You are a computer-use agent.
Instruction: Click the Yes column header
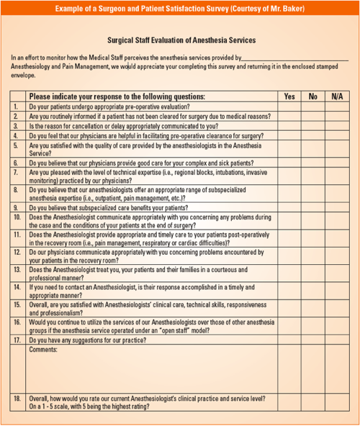click(x=289, y=96)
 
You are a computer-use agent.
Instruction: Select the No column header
click(x=312, y=96)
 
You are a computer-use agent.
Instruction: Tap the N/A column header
click(x=337, y=96)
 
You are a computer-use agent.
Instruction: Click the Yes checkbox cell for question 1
click(x=289, y=106)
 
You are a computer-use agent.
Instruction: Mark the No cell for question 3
click(x=312, y=125)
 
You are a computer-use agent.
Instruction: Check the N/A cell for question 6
click(x=337, y=163)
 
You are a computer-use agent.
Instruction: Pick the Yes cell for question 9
click(x=289, y=207)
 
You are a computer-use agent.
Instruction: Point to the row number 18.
click(x=17, y=397)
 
